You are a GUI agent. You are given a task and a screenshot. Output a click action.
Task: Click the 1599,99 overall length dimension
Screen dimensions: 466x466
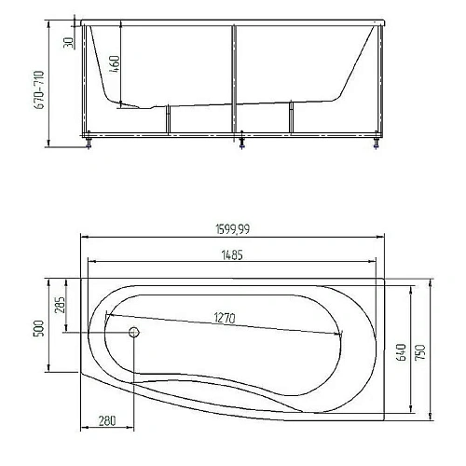click(x=232, y=229)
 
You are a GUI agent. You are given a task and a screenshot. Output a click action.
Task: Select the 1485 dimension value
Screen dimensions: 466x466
click(x=232, y=255)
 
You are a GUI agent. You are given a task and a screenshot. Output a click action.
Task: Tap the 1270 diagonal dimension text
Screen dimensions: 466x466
click(x=225, y=318)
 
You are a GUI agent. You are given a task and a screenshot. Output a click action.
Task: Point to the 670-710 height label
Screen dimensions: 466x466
click(x=39, y=89)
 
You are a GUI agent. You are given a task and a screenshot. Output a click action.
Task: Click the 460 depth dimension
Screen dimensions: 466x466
click(x=115, y=64)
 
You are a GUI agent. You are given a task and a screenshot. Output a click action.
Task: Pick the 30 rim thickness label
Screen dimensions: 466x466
click(x=68, y=43)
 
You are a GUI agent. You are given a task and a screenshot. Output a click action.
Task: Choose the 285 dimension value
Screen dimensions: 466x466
click(x=60, y=305)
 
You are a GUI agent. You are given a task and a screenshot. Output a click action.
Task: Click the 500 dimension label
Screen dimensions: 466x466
click(x=39, y=328)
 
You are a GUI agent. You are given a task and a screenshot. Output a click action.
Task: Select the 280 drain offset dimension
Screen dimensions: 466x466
click(x=107, y=420)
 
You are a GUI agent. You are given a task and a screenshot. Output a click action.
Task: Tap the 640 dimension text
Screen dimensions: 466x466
click(x=401, y=352)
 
